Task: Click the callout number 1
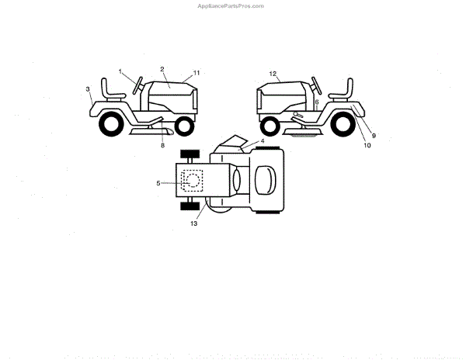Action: pos(121,71)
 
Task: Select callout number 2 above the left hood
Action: pos(162,68)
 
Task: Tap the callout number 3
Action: pos(88,89)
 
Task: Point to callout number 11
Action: pos(196,72)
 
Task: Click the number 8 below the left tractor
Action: pos(163,144)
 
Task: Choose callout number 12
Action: pos(273,74)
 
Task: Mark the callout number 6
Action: pos(317,102)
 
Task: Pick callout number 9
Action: pos(373,135)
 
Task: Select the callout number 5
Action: pos(158,183)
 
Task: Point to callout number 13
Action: pos(193,223)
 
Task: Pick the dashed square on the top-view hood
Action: pos(191,180)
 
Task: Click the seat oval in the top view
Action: pos(264,180)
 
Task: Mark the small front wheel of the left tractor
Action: pos(185,124)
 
